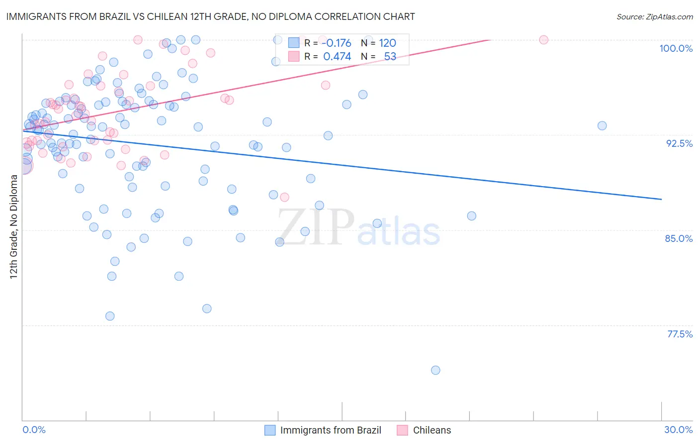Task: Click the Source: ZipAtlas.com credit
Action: pos(654,16)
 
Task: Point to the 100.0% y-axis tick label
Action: pos(676,48)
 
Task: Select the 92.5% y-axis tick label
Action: pos(679,143)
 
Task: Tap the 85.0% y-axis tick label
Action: pos(679,238)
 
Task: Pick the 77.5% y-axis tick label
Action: pos(680,334)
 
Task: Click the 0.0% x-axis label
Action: pos(34,430)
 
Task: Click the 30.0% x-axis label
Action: pos(678,430)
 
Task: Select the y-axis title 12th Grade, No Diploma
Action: pos(13,226)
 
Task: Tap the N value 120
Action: pos(387,43)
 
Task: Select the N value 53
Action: pos(390,57)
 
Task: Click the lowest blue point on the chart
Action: pos(436,370)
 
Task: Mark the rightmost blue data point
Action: pos(602,126)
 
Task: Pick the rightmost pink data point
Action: pos(543,40)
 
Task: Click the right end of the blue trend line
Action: pos(661,199)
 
